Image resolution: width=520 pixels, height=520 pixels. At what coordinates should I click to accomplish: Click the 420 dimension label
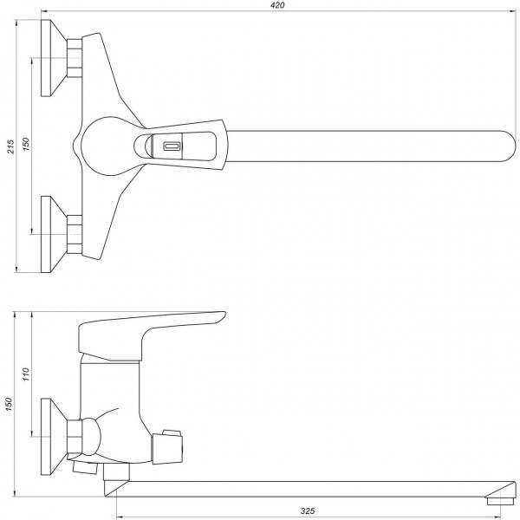pyautogui.click(x=276, y=6)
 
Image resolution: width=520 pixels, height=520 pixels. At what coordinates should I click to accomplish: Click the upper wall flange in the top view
pyautogui.click(x=54, y=59)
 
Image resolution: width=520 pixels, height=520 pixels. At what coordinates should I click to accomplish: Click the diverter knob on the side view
pyautogui.click(x=168, y=444)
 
